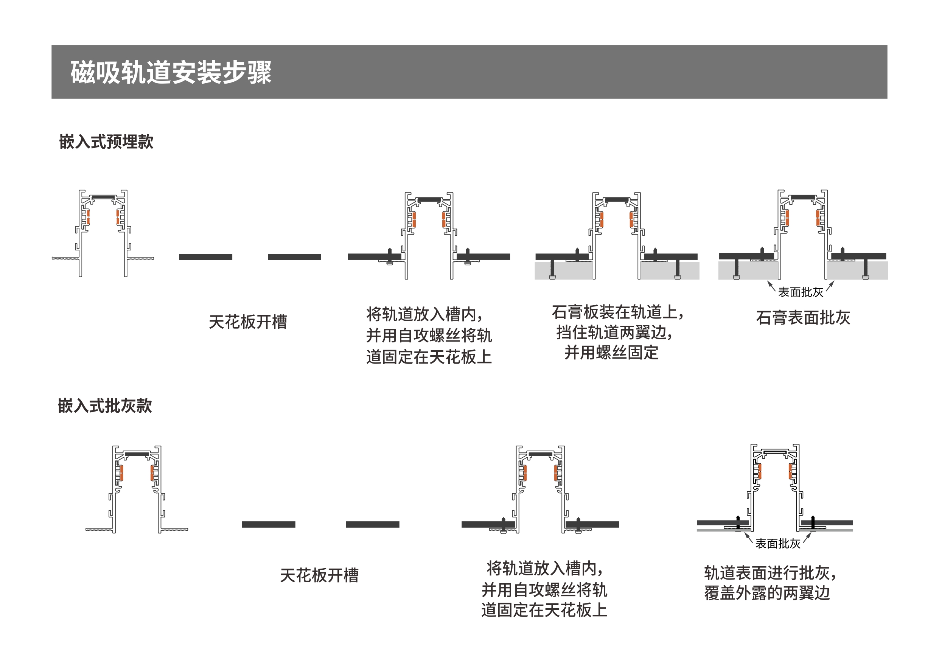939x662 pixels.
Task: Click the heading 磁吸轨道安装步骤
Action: tap(171, 72)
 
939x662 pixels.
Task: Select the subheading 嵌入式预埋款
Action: tap(106, 142)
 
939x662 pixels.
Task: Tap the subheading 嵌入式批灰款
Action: tap(105, 406)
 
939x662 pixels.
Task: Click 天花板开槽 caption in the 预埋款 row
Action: tap(248, 322)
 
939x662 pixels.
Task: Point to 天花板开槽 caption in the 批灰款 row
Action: tap(319, 575)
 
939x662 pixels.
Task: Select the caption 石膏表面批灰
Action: tap(803, 318)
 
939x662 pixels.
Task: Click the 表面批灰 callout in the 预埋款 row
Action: tap(801, 292)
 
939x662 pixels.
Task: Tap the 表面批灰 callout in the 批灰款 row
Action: tap(777, 544)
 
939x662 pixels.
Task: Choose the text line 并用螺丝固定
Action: tap(611, 353)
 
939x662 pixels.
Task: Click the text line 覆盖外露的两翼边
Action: tap(767, 593)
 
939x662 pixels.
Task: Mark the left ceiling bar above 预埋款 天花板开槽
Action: tap(205, 257)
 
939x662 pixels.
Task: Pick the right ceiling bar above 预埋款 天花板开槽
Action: tap(294, 257)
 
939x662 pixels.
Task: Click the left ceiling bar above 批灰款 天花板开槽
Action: tap(268, 525)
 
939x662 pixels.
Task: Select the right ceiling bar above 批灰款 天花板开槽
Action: tap(372, 525)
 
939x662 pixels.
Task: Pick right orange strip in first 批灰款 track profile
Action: tap(152, 473)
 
